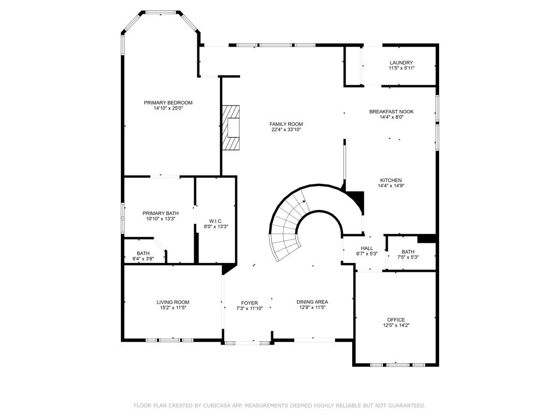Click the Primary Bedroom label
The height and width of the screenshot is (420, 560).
tap(168, 102)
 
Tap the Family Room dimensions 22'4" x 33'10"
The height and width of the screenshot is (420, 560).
tap(287, 130)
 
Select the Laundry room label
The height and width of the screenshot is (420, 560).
tap(401, 62)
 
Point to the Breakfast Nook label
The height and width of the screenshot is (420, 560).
tap(392, 112)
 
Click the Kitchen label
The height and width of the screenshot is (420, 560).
tap(391, 180)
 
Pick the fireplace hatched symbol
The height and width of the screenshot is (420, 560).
tap(231, 127)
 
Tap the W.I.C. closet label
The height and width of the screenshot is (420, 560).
tap(216, 221)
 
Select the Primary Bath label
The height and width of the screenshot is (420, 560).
tap(161, 213)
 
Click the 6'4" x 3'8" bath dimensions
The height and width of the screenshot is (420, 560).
tap(143, 259)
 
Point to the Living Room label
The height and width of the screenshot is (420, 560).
tap(173, 302)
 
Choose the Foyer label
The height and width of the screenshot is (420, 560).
tap(249, 303)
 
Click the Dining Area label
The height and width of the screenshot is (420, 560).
tap(312, 302)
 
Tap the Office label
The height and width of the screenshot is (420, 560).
tap(396, 319)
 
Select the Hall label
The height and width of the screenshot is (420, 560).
tap(367, 248)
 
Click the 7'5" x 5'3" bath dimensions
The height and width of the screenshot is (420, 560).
tap(408, 257)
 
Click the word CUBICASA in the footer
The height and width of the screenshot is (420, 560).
tap(215, 405)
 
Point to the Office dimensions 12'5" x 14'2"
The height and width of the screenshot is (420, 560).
tap(396, 325)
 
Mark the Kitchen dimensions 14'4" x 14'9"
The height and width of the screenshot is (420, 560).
tap(391, 186)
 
